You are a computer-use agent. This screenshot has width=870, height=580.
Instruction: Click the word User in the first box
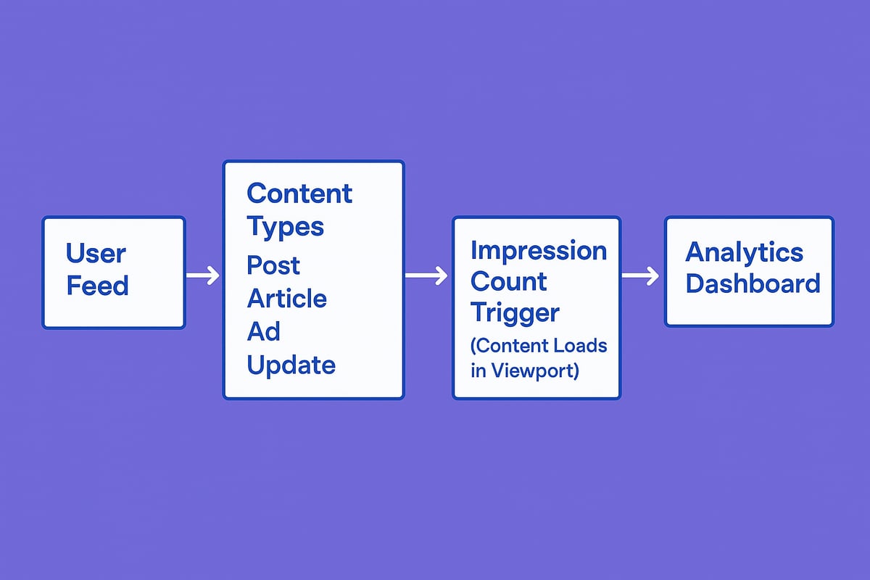pos(96,254)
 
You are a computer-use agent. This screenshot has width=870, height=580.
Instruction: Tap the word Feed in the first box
pos(97,286)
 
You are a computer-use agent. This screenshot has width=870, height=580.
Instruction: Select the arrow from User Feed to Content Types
pos(203,275)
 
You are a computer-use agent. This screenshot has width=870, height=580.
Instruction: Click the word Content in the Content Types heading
pos(299,194)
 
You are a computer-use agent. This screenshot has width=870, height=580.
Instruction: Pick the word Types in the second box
pos(285,226)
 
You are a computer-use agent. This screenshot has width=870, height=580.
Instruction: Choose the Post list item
pos(273,265)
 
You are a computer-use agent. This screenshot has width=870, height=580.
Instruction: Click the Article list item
pos(287,298)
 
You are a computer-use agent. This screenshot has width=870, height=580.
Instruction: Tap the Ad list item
pos(263,331)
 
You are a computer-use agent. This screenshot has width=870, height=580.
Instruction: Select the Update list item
pos(291,364)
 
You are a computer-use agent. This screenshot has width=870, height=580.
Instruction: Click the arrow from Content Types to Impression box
pos(427,275)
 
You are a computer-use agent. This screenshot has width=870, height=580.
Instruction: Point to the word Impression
pos(539,250)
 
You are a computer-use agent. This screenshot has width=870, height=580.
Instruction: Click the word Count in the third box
pos(509,281)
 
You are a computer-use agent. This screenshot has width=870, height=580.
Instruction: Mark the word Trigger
pos(515,313)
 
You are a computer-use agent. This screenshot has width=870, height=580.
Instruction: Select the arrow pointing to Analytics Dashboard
pos(641,275)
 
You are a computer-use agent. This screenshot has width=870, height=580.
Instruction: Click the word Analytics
pos(744,252)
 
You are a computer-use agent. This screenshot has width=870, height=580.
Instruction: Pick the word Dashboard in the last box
pos(753,283)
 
